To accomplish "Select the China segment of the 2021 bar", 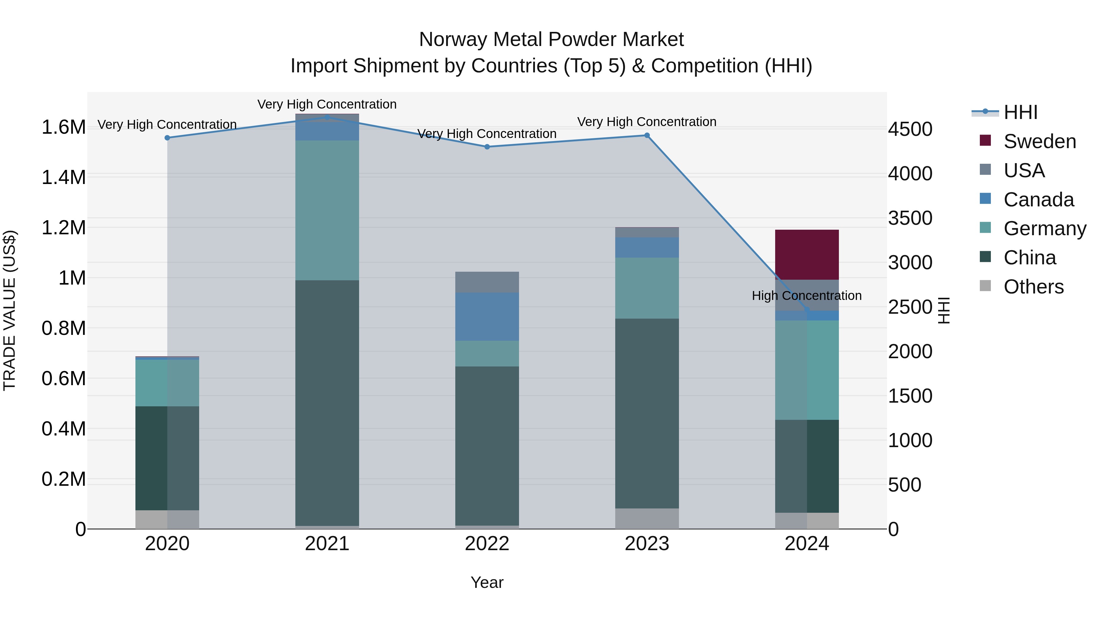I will [x=327, y=403].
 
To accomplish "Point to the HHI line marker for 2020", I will [x=167, y=138].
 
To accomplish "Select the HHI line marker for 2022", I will [x=487, y=147].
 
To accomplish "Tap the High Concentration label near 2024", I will [x=807, y=296].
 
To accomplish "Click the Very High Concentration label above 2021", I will [x=327, y=104].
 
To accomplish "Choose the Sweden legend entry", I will [x=1039, y=141].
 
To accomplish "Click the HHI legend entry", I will [x=1020, y=112].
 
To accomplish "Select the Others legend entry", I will [x=1033, y=287].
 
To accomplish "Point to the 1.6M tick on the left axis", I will [x=63, y=127].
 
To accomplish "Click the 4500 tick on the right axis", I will [x=910, y=129].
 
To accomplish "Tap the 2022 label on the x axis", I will [x=487, y=544].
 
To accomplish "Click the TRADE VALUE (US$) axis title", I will [x=9, y=310].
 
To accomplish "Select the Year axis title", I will [x=487, y=582].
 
